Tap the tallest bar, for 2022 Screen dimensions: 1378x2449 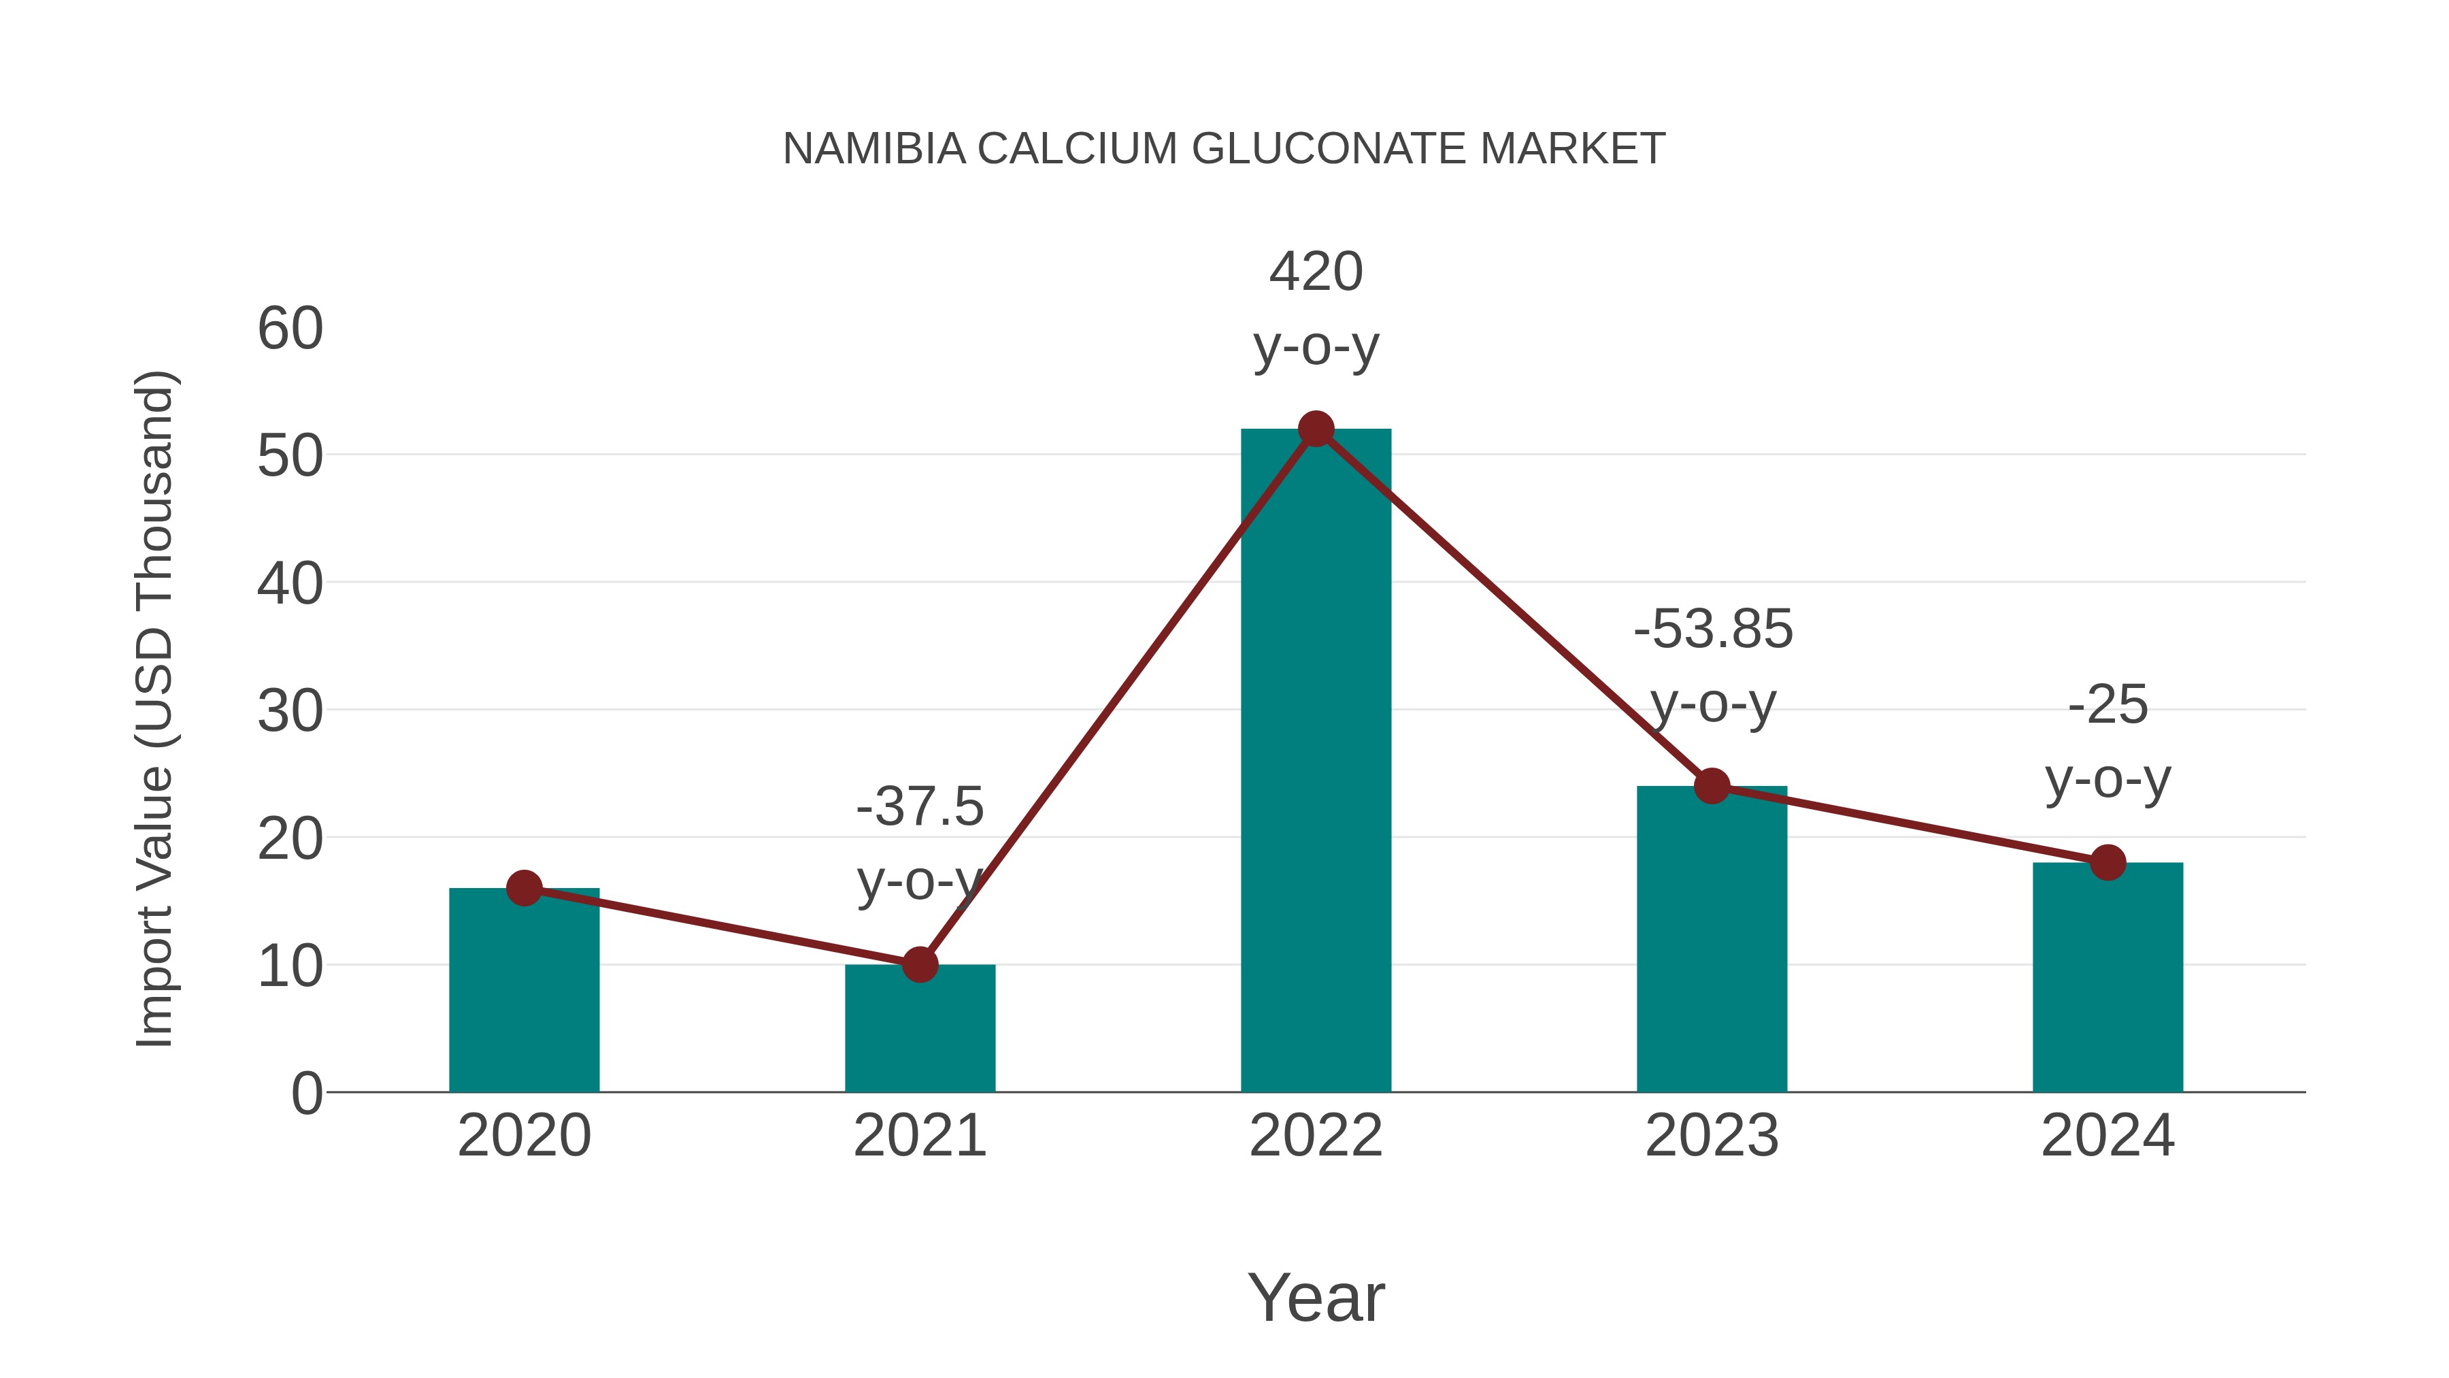point(1316,761)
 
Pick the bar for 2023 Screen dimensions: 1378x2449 point(1712,942)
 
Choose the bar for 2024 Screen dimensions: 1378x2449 point(2108,979)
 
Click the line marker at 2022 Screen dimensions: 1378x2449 point(1316,429)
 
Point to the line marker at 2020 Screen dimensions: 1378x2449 point(524,888)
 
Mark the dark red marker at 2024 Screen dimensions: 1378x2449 point(2108,863)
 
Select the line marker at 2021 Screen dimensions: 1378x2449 point(919,964)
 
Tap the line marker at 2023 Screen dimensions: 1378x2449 point(1712,787)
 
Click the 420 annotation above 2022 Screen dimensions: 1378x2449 point(1316,272)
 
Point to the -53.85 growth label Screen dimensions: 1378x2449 point(1713,629)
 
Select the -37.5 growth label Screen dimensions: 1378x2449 point(919,807)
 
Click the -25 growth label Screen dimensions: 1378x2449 point(2108,705)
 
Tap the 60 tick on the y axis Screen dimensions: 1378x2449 point(290,329)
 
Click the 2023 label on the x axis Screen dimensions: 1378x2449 point(1712,1136)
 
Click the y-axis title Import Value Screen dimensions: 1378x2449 point(154,708)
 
